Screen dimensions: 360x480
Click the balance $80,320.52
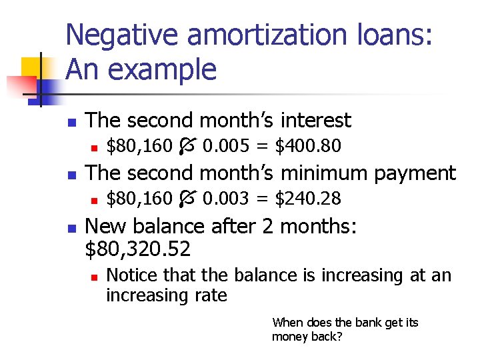(139, 249)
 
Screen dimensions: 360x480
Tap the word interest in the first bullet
(315, 121)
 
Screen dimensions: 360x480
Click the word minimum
(316, 173)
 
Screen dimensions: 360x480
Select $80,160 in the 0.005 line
(139, 145)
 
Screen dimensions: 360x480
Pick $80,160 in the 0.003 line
(139, 199)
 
